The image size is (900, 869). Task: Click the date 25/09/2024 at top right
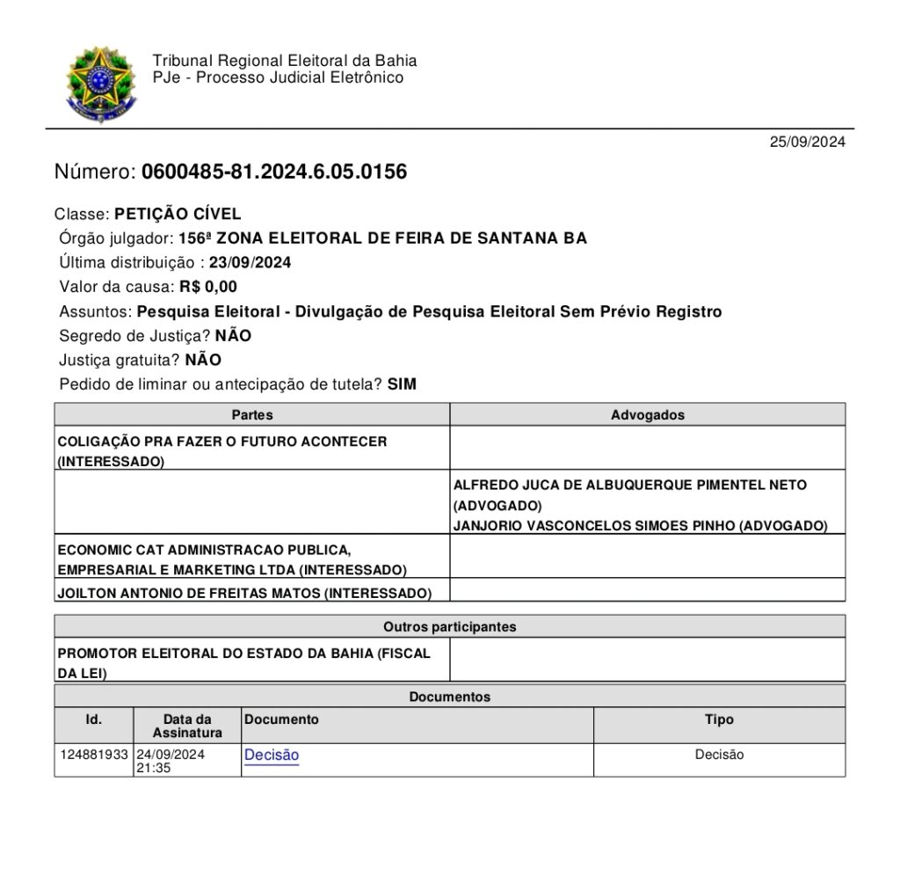(x=807, y=142)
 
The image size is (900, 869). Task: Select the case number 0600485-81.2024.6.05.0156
(x=273, y=172)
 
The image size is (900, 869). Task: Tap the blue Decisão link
(x=272, y=755)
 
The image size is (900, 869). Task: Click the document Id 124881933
(x=94, y=755)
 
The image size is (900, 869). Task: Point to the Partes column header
(x=252, y=414)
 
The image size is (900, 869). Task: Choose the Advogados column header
(x=648, y=414)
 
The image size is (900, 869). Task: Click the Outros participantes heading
(x=449, y=627)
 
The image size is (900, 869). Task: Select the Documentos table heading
(x=449, y=697)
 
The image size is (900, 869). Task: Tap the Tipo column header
(x=719, y=719)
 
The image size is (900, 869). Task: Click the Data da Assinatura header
(x=187, y=726)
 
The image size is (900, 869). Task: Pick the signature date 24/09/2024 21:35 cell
(x=171, y=761)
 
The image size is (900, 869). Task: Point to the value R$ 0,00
(x=208, y=287)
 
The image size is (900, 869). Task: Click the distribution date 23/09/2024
(x=250, y=262)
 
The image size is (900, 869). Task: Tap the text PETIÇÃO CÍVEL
(x=178, y=214)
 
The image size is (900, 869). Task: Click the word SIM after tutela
(x=402, y=384)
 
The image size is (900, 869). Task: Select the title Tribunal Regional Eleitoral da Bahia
(x=285, y=61)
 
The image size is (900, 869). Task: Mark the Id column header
(x=94, y=719)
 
